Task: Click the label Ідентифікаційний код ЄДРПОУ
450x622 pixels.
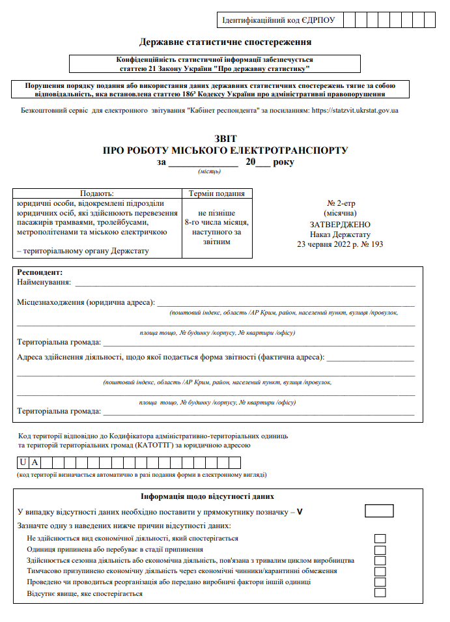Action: tap(279, 20)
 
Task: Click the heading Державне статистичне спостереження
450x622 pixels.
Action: tap(225, 42)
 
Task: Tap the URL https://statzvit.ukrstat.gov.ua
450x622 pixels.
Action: tap(355, 111)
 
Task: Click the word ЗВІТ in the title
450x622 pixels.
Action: tap(225, 139)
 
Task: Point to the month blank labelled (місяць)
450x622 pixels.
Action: tap(203, 162)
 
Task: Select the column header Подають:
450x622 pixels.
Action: tap(96, 193)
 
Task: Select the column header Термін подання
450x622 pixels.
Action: tap(216, 193)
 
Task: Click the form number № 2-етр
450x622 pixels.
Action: tap(339, 203)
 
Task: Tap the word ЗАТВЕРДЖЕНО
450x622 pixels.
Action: tap(339, 223)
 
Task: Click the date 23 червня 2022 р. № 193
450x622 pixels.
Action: tap(339, 245)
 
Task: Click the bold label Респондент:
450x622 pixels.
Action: tap(40, 272)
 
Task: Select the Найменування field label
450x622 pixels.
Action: tap(43, 283)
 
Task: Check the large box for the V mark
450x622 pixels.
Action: tap(379, 511)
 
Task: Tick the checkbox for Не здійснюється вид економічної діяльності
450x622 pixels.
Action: tap(380, 539)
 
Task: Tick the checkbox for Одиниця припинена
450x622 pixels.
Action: tap(380, 550)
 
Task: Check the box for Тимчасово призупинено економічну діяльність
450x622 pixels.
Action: tap(380, 571)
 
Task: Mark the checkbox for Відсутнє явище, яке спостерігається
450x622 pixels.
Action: tap(380, 593)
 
